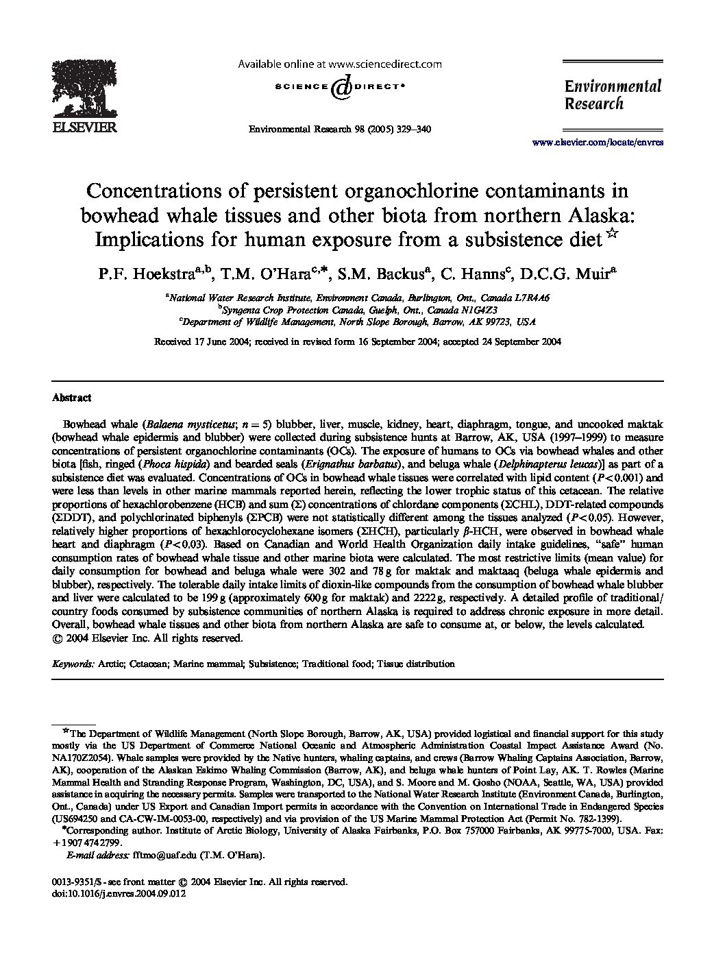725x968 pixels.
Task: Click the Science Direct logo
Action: click(339, 87)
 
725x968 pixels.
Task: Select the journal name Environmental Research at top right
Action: click(613, 95)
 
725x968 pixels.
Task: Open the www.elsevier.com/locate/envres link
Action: click(598, 143)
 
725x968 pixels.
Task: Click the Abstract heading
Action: click(71, 398)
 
